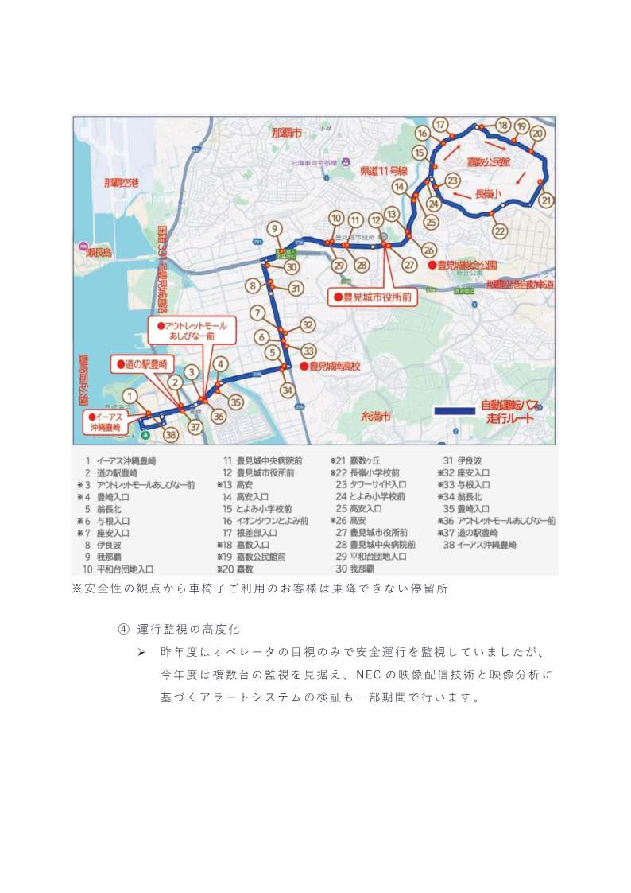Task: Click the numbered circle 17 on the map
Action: [x=440, y=124]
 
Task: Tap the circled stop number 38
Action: [x=169, y=435]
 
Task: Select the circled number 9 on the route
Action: [x=274, y=229]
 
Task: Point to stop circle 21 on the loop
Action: [x=545, y=200]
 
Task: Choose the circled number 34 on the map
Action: [x=288, y=390]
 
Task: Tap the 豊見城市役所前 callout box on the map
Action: [x=373, y=297]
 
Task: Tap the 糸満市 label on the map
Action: [x=376, y=417]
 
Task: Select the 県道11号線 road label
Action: [x=384, y=171]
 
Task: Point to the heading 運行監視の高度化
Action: [x=188, y=629]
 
